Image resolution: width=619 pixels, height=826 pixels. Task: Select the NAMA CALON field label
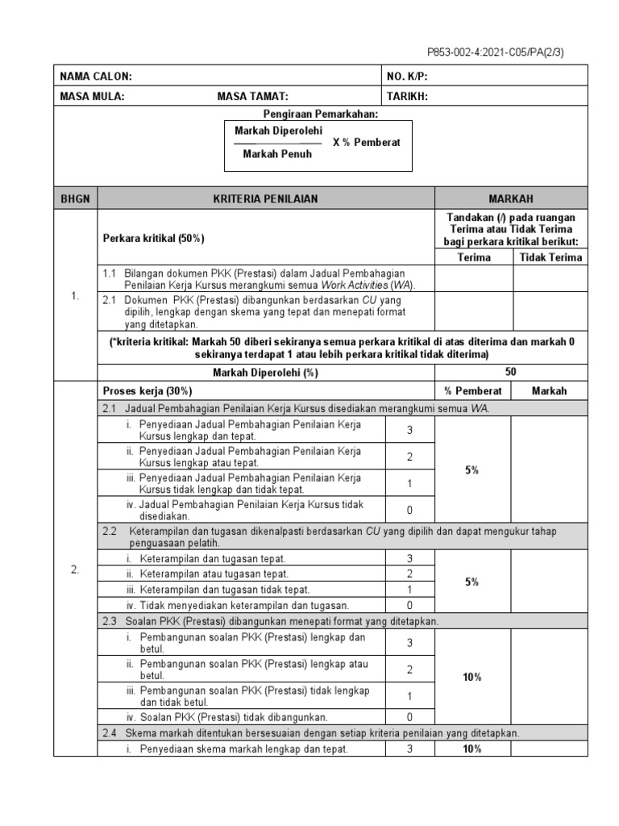[x=96, y=77]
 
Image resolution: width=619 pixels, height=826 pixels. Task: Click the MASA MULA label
[x=93, y=96]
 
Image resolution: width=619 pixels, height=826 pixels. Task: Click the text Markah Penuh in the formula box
[x=277, y=154]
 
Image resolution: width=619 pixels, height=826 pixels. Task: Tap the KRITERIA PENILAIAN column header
[x=265, y=198]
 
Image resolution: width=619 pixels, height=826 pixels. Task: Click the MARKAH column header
[x=511, y=198]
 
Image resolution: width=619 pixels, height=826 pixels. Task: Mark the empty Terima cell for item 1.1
[x=473, y=278]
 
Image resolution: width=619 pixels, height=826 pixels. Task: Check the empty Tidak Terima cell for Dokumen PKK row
[x=550, y=311]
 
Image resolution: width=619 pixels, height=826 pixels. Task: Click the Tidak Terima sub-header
[x=550, y=257]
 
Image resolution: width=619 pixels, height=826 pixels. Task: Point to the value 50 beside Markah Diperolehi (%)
[x=511, y=373]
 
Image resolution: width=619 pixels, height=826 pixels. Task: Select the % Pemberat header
[x=473, y=390]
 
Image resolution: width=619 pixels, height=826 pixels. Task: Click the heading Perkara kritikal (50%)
[x=154, y=239]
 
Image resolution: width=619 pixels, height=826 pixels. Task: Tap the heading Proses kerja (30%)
[x=146, y=390]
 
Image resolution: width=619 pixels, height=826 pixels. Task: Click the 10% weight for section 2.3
[x=473, y=678]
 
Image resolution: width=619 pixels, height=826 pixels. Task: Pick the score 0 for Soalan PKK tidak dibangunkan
[x=409, y=717]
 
